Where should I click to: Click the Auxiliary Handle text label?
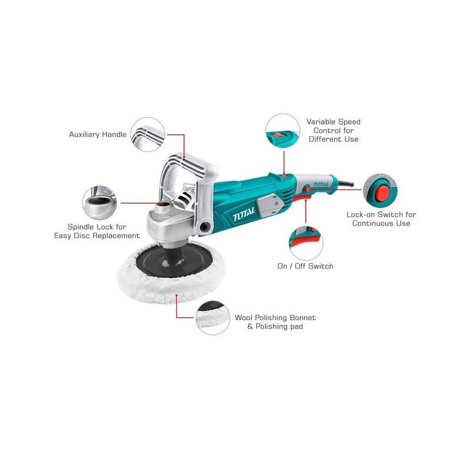pyautogui.click(x=98, y=135)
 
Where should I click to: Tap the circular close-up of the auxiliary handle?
pyautogui.click(x=147, y=135)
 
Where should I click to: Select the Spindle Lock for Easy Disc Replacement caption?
pyautogui.click(x=97, y=231)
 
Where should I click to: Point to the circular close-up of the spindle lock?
pyautogui.click(x=100, y=203)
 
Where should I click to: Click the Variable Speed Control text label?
pyautogui.click(x=333, y=130)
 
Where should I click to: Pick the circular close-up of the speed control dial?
pyautogui.click(x=283, y=130)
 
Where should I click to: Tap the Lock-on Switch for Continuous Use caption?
pyautogui.click(x=381, y=219)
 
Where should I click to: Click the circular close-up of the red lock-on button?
pyautogui.click(x=380, y=190)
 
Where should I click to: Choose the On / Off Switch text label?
pyautogui.click(x=305, y=266)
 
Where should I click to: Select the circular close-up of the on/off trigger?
pyautogui.click(x=306, y=243)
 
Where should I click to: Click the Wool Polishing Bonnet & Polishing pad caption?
pyautogui.click(x=275, y=322)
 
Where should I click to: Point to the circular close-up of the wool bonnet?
pyautogui.click(x=213, y=318)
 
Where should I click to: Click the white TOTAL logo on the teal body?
pyautogui.click(x=244, y=213)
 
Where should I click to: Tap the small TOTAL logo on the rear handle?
pyautogui.click(x=321, y=184)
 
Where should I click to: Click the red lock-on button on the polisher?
pyautogui.click(x=307, y=189)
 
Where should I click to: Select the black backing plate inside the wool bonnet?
pyautogui.click(x=174, y=260)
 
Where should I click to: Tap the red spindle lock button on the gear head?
pyautogui.click(x=163, y=204)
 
